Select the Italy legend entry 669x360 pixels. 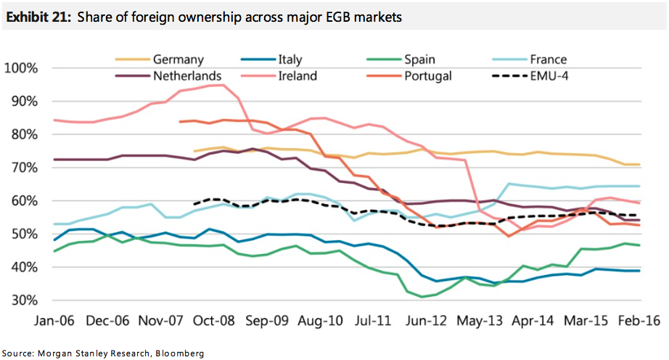click(290, 60)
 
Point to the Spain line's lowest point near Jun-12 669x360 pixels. click(422, 296)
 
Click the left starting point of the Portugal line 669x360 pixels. click(179, 121)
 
